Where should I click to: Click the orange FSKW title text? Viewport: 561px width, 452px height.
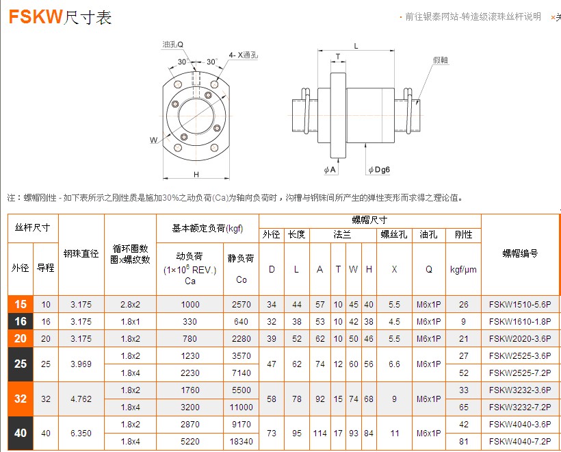point(36,16)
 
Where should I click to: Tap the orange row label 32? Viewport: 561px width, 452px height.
point(21,399)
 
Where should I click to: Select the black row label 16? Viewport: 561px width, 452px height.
point(21,321)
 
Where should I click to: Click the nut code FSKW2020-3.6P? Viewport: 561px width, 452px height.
point(520,338)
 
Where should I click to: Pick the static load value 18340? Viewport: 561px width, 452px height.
point(241,441)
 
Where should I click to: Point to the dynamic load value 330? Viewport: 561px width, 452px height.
point(190,321)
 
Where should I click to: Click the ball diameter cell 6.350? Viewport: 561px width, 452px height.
point(81,433)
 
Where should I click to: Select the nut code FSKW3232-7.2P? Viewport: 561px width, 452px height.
point(520,407)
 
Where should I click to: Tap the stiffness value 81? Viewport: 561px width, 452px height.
point(464,441)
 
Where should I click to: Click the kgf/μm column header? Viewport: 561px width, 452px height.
point(463,270)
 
